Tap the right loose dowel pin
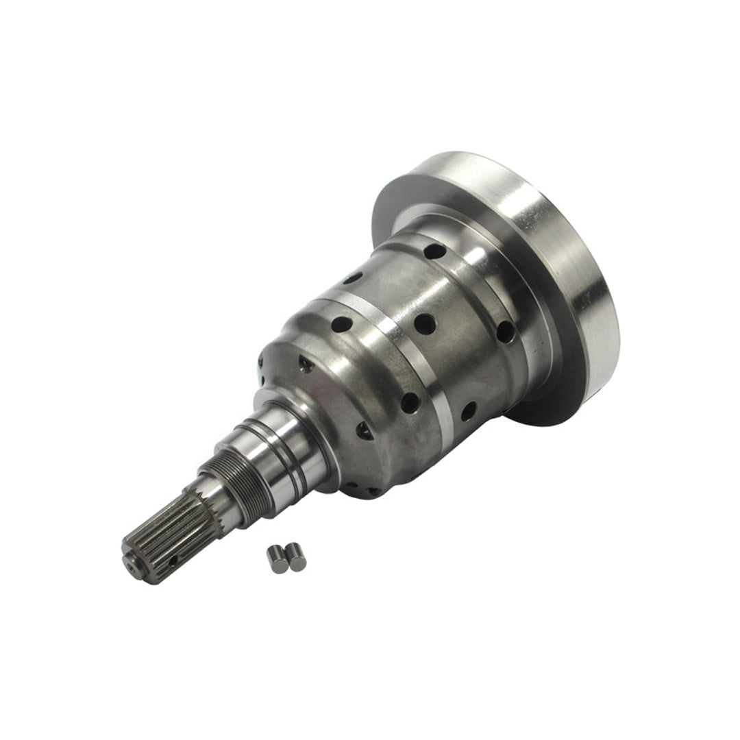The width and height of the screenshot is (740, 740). click(296, 556)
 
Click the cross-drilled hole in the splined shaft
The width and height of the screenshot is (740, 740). click(172, 560)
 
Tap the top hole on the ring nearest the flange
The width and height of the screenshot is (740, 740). click(434, 251)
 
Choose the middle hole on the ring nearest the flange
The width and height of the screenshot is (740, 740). click(506, 332)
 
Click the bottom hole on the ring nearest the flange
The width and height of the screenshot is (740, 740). click(469, 411)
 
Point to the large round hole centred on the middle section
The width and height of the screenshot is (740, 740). click(425, 323)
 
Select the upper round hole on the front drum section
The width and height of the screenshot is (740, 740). click(341, 324)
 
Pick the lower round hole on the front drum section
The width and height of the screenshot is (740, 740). click(410, 403)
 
